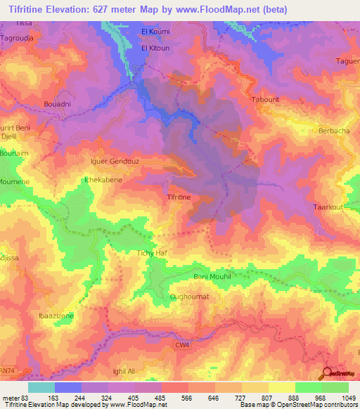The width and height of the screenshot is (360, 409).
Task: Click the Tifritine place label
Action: tap(179, 198)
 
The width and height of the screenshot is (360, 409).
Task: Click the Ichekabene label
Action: tap(103, 180)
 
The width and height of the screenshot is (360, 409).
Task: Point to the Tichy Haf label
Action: tap(150, 252)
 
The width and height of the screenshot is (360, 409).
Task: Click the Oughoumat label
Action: tap(187, 297)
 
